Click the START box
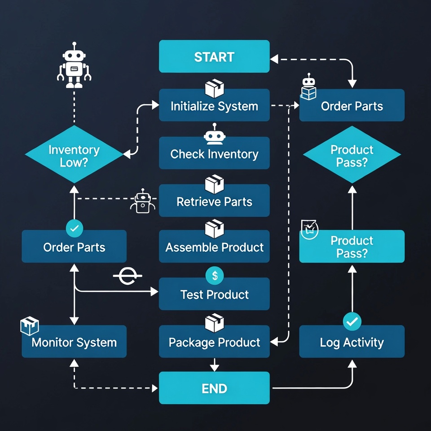[214, 57]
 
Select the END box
[214, 388]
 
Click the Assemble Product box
[214, 247]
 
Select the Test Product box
[214, 295]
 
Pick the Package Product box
[214, 342]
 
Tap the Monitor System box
[74, 342]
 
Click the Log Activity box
[352, 342]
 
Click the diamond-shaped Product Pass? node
[352, 155]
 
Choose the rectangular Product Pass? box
[352, 246]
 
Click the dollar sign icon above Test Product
[215, 276]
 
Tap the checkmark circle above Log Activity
[352, 321]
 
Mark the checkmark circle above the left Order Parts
[75, 229]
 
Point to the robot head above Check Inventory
[214, 134]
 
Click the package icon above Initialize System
[214, 88]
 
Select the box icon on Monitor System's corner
[30, 326]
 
